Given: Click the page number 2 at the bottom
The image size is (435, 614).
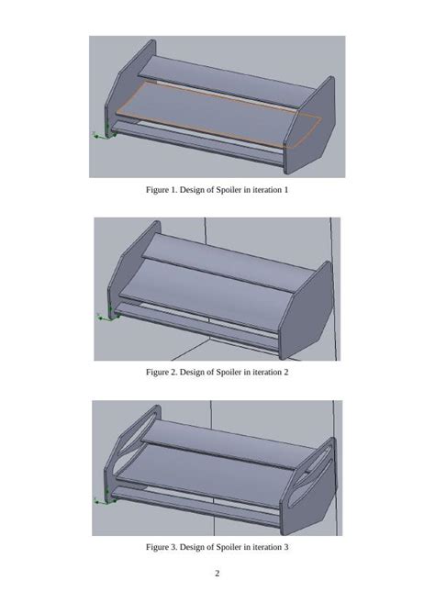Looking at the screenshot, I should (x=217, y=575).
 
